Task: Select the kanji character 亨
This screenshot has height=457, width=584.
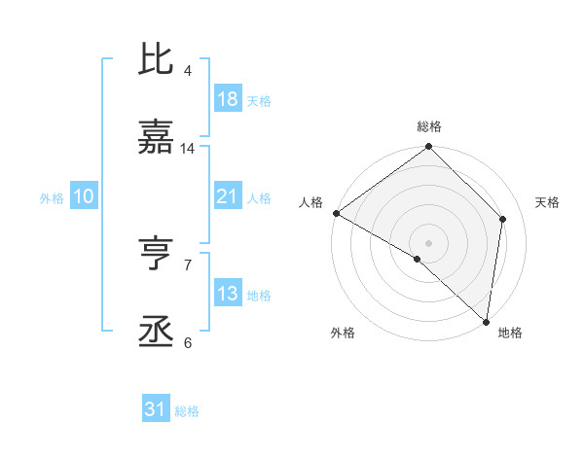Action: [x=156, y=255]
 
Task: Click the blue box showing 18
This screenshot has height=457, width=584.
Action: [x=227, y=99]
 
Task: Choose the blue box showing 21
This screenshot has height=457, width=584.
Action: [x=227, y=197]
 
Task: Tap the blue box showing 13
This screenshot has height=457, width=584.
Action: [x=227, y=294]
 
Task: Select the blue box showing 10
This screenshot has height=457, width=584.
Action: [x=83, y=197]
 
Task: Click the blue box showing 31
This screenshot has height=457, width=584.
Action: [x=156, y=410]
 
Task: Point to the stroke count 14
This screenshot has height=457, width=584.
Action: [x=187, y=149]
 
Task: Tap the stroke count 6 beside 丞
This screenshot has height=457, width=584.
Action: [x=187, y=342]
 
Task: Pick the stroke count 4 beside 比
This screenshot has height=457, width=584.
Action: [x=187, y=71]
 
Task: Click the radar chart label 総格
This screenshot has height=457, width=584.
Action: [x=428, y=126]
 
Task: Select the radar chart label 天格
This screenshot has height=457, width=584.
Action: [x=547, y=202]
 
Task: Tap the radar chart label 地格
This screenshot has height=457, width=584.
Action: [x=510, y=333]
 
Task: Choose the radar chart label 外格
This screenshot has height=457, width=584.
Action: [x=343, y=333]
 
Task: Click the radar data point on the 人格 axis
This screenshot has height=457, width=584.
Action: [x=336, y=213]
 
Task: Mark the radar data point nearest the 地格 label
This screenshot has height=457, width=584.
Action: [x=486, y=321]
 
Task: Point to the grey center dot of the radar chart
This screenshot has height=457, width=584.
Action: [x=428, y=242]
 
